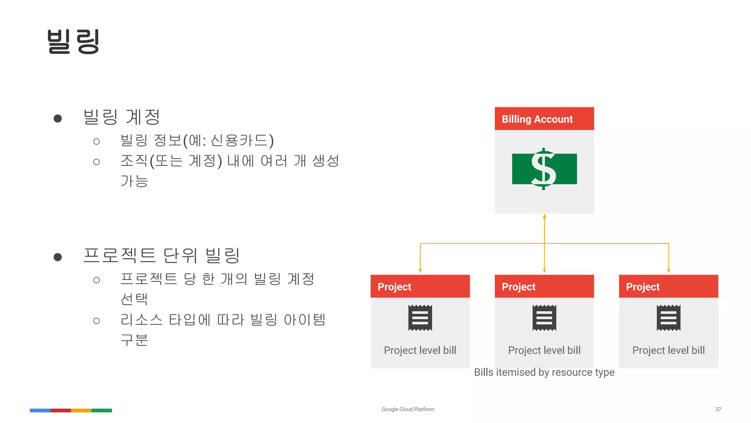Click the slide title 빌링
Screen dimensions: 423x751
click(x=73, y=41)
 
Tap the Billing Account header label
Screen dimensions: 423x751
click(x=537, y=119)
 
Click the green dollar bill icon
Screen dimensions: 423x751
click(x=544, y=169)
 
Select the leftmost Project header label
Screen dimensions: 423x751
click(x=394, y=287)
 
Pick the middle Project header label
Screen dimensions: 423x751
click(x=519, y=287)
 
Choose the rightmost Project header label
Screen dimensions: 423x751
click(x=642, y=287)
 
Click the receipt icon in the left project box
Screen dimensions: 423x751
click(x=420, y=318)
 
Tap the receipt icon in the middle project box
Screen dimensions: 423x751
click(x=544, y=318)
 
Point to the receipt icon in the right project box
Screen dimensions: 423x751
click(x=668, y=318)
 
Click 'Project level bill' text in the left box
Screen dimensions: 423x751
click(x=420, y=350)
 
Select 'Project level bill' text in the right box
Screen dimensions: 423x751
click(x=668, y=350)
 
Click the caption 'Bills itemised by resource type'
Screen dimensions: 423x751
click(x=544, y=372)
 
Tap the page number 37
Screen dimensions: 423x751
click(x=718, y=409)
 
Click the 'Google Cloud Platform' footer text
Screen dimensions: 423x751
click(x=408, y=409)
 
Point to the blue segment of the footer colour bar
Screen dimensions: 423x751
click(x=40, y=410)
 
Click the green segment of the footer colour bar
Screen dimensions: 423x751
click(x=102, y=410)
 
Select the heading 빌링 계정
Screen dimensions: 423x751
click(x=122, y=117)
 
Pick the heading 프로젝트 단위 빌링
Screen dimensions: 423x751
click(x=161, y=256)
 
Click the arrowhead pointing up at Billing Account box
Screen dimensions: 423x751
click(x=545, y=217)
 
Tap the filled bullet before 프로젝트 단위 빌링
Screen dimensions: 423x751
click(x=58, y=257)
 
